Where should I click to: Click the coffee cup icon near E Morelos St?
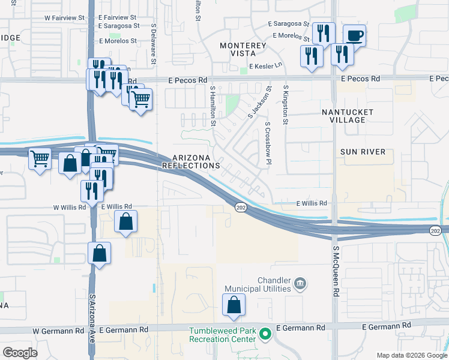point(354,35)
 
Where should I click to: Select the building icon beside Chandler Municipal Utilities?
point(301,283)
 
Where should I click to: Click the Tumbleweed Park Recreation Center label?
point(222,335)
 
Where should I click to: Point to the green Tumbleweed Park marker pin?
point(264,334)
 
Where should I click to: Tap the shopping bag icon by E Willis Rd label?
point(125,221)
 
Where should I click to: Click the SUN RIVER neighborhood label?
point(363,152)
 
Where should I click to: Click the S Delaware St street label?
point(154,44)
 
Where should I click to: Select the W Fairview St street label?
point(65,18)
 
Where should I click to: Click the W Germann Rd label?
point(56,331)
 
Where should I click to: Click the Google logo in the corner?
point(20,353)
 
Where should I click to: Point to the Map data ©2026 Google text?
point(412,355)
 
